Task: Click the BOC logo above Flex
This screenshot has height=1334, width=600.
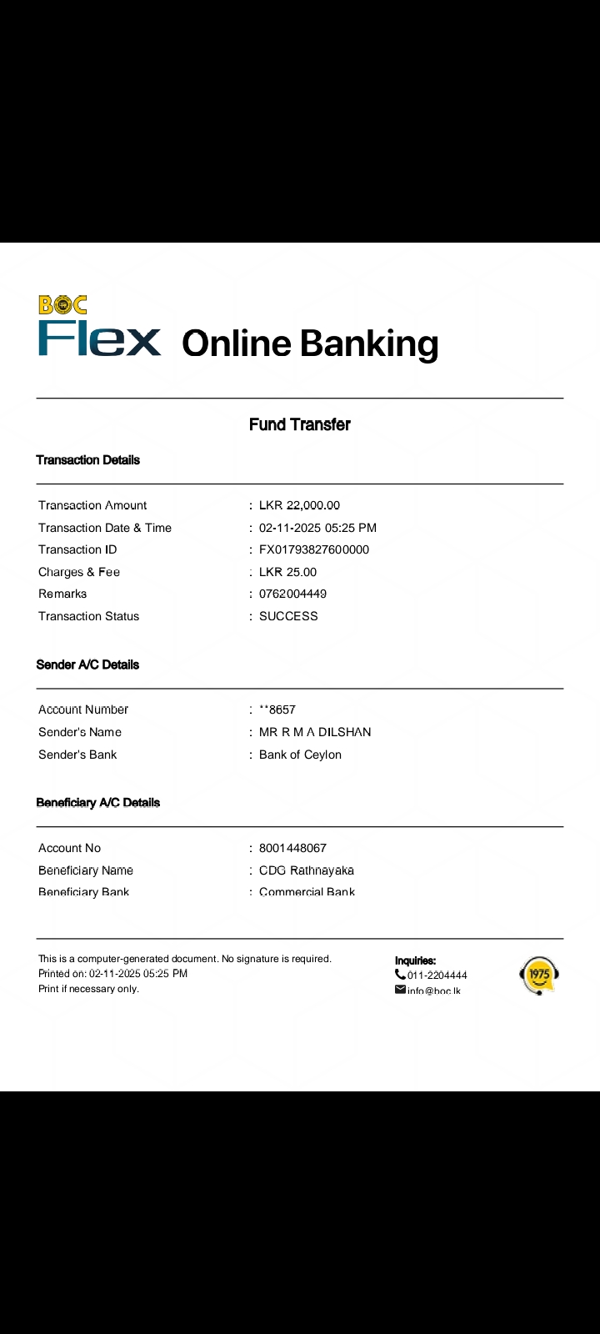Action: (62, 305)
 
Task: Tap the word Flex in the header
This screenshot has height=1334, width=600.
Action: (99, 339)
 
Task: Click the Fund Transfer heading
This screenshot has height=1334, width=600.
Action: (299, 424)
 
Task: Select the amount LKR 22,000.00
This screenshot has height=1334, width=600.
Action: (299, 505)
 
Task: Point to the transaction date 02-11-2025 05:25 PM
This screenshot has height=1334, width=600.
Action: (317, 528)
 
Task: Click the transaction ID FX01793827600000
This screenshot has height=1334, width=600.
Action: (313, 549)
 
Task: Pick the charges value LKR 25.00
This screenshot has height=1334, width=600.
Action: (287, 572)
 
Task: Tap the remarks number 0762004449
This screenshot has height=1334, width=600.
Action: (292, 594)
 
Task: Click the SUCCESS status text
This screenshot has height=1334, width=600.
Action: (288, 616)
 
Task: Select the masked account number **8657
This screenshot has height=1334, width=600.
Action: (277, 710)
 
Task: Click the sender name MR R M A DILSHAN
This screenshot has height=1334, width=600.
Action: (315, 732)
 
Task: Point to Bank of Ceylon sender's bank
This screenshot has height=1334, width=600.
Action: (300, 755)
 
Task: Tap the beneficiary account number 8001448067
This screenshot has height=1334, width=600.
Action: (292, 848)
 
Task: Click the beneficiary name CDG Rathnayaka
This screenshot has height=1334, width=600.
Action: (306, 870)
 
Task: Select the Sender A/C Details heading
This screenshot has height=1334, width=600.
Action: (87, 664)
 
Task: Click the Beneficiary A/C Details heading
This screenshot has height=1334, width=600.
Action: (97, 803)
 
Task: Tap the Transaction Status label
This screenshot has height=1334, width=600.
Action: (88, 616)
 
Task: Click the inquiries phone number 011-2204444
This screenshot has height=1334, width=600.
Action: (437, 975)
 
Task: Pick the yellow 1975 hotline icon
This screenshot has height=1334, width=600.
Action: (539, 975)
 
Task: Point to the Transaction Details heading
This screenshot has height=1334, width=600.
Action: (87, 460)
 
